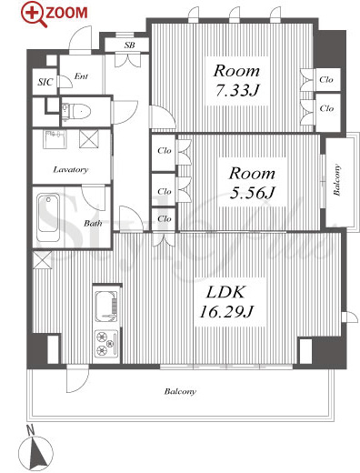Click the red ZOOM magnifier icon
[34, 15]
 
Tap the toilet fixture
[76, 111]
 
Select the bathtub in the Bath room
[48, 217]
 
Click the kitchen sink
[106, 307]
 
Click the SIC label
[45, 82]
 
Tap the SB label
[129, 45]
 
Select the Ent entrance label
[81, 76]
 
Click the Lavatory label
[71, 170]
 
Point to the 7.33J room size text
[236, 90]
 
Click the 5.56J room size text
[252, 193]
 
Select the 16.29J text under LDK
[226, 311]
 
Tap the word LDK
[225, 292]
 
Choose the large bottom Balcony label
[180, 391]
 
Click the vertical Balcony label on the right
[336, 180]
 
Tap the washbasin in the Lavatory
[55, 139]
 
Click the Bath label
[93, 224]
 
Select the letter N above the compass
[30, 430]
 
